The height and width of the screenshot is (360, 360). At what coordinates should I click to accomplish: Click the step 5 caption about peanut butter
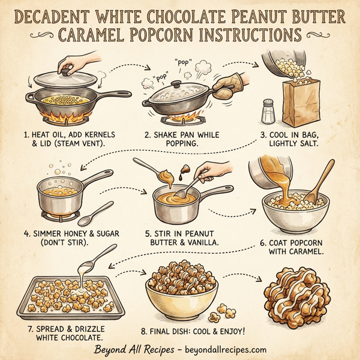click(x=181, y=238)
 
